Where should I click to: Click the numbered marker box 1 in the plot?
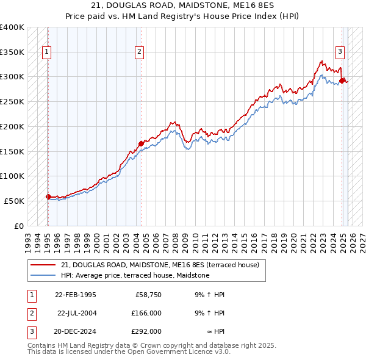47,52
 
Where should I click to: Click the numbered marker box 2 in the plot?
140,52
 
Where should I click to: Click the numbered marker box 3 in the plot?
340,52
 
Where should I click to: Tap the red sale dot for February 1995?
48,196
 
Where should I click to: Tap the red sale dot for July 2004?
141,143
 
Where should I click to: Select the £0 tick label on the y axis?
19,226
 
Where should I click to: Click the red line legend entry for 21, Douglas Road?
160,265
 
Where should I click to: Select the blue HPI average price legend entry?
135,276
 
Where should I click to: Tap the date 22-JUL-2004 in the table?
77,313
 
